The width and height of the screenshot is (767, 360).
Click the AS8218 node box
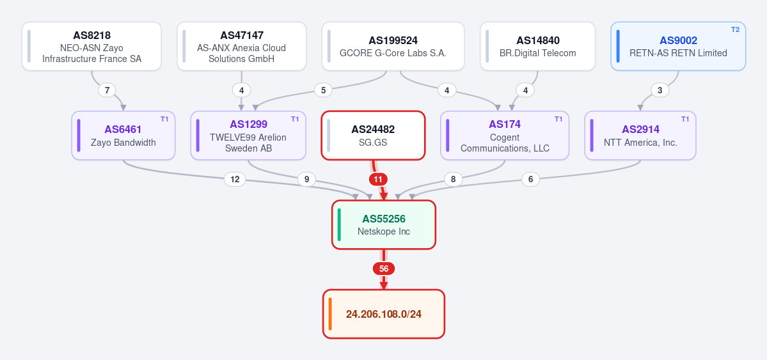91,46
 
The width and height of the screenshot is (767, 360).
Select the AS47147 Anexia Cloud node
242,46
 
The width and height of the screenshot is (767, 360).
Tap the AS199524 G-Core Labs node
393,46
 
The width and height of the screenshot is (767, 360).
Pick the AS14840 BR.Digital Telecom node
537,46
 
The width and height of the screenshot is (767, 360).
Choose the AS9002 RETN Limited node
678,46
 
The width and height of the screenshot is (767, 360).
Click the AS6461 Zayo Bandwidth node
123,136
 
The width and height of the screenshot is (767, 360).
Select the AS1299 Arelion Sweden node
248,136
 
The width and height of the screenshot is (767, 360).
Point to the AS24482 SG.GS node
373,136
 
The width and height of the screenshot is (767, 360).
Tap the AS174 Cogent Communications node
505,136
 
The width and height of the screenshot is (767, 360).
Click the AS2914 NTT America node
640,136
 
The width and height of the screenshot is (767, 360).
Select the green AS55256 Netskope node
384,224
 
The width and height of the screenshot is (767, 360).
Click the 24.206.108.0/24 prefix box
384,314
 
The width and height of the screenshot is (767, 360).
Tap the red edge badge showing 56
384,269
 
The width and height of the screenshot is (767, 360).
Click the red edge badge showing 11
378,180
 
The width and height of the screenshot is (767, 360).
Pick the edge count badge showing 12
235,180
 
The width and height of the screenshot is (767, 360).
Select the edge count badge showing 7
107,90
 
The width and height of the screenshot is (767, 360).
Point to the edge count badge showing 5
323,90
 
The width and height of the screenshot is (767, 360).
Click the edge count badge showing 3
660,90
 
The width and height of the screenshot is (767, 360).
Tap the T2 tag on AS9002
735,29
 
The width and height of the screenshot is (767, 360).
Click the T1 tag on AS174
558,119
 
